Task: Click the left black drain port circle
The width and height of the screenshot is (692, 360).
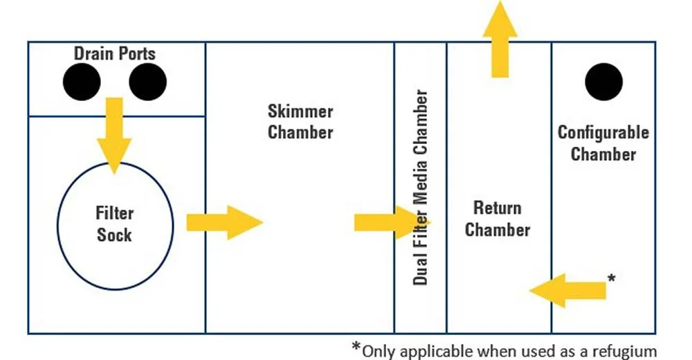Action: coord(82,82)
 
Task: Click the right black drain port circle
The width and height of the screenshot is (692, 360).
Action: coord(147,82)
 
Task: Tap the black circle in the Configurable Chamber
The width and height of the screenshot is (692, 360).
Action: coord(603,82)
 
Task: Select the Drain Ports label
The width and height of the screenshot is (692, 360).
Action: coord(115,53)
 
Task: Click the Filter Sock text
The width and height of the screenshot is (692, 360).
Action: coord(115,224)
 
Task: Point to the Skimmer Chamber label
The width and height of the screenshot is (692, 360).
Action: coord(300,121)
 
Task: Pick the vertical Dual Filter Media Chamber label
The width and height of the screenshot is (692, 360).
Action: coord(421,187)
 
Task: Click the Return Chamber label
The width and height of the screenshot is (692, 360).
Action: coord(498,218)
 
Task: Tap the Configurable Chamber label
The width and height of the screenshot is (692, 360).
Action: coord(603,143)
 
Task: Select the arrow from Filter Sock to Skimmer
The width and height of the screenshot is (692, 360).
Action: coord(224,222)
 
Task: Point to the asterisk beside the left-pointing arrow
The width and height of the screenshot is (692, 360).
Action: coord(611,278)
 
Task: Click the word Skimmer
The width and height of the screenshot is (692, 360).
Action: coord(300,111)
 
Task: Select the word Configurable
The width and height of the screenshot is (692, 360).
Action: coord(603,132)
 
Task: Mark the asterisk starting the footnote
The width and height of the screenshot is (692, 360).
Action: coord(356,345)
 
